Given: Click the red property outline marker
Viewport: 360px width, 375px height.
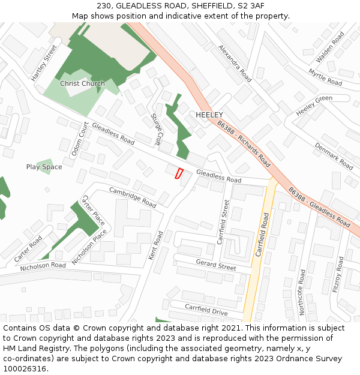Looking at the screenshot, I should (178, 173).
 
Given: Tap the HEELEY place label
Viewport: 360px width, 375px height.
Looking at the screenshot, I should (209, 115).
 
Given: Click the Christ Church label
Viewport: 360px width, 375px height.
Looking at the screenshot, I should (82, 83).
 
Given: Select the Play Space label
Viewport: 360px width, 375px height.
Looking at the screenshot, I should (44, 167).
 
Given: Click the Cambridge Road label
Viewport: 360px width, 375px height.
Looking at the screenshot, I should (133, 197).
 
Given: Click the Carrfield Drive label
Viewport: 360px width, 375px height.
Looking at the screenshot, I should (206, 309).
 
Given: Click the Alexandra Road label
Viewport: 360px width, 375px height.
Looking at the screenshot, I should (235, 63).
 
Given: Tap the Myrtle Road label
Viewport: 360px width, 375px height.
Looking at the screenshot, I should (325, 77).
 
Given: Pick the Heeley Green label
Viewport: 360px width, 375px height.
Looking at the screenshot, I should (314, 106).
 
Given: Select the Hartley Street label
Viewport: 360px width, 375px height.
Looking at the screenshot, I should (44, 63).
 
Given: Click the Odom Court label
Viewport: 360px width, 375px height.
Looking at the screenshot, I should (80, 139).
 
